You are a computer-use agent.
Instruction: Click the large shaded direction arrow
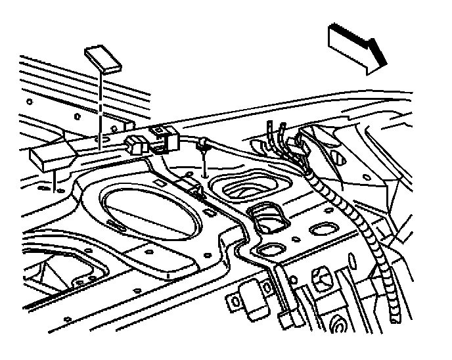point(357,48)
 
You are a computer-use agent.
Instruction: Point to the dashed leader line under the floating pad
point(99,105)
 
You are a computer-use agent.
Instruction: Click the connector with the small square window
point(162,135)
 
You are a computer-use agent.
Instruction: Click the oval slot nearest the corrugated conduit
point(325,229)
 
